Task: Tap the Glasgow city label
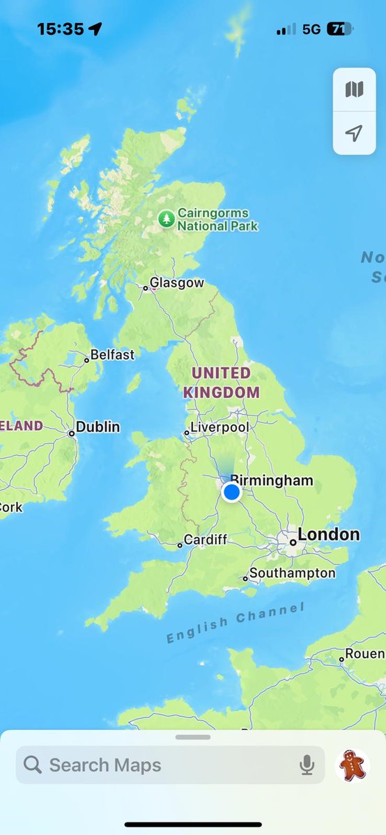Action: pos(177,283)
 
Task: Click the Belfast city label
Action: pos(112,355)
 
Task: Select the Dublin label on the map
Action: pos(98,427)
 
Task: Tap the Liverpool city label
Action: pos(219,427)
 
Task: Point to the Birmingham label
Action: pos(272,480)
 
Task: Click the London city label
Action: pos(328,535)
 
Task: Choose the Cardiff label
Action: pos(206,540)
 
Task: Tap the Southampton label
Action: pos(292,573)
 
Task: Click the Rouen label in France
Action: pos(365,654)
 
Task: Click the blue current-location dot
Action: pos(231,493)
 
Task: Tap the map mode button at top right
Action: pos(354,90)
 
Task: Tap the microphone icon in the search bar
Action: pos(307,765)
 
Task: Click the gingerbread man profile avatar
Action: pos(352,765)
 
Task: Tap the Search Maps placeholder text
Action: pos(105,765)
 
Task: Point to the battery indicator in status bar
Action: pos(339,29)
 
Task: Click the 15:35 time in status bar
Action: pos(60,29)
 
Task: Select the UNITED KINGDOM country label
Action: pos(221,383)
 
